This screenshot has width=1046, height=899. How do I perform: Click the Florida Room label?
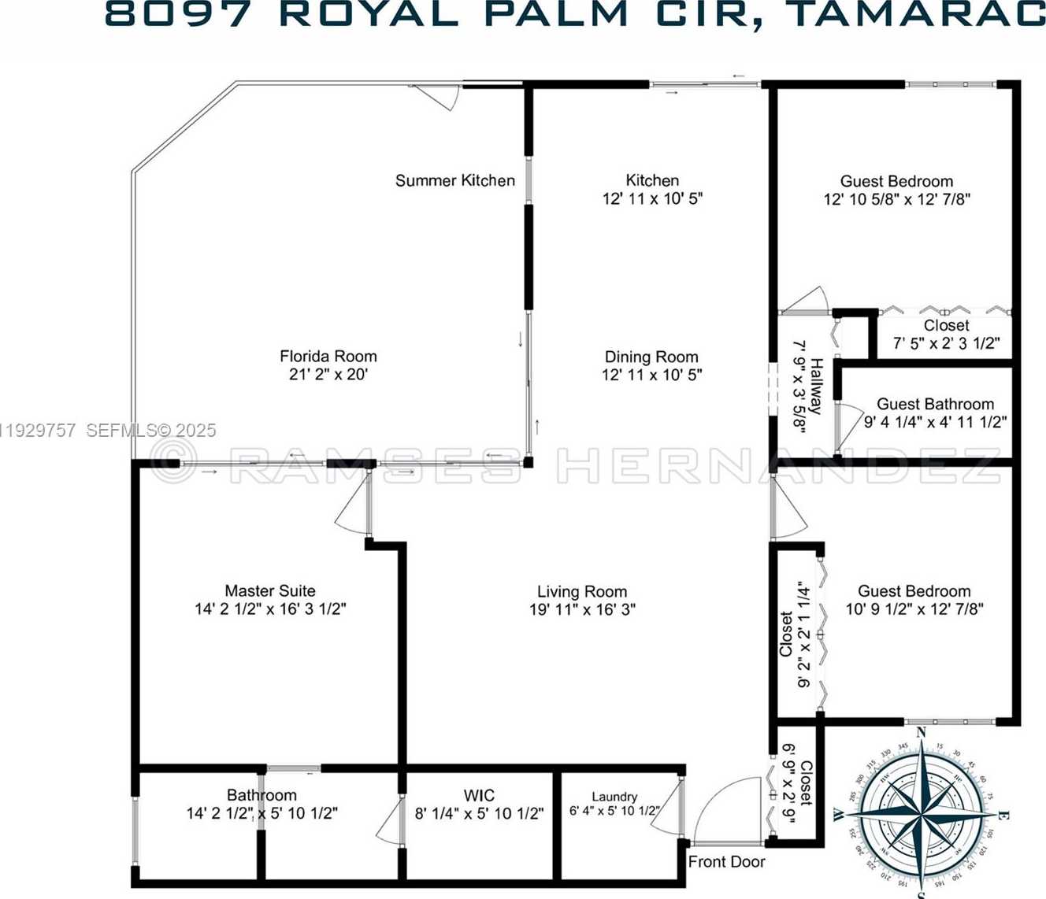[328, 356]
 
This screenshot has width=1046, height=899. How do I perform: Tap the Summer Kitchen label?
[454, 180]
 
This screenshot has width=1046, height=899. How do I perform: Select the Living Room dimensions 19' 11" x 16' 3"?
[582, 609]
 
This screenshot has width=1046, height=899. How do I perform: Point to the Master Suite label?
[269, 590]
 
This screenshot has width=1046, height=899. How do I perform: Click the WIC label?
[479, 795]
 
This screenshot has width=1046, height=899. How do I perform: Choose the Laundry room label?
[614, 797]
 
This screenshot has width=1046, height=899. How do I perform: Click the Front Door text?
[726, 862]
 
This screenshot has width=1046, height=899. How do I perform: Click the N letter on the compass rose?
[921, 733]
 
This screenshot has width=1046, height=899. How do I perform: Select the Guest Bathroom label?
[935, 404]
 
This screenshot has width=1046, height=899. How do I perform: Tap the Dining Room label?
[651, 357]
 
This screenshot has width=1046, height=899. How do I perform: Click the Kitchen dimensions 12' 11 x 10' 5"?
[652, 199]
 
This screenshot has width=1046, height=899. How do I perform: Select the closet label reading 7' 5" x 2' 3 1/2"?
[946, 343]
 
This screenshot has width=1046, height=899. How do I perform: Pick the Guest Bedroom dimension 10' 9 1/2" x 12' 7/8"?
[914, 609]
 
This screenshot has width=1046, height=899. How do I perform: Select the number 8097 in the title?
[182, 14]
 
